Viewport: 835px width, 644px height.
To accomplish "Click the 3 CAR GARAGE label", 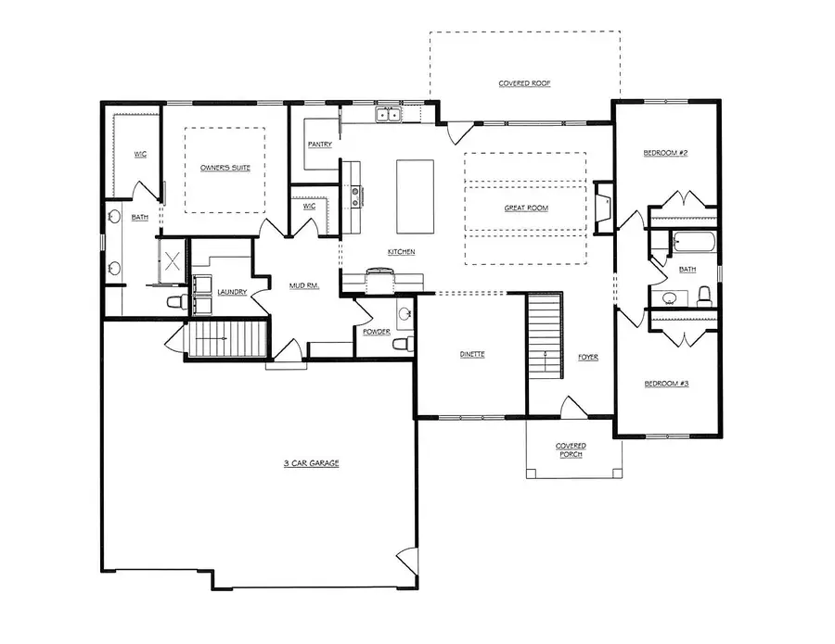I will tap(311, 462).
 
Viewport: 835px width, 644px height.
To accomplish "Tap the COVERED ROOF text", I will tap(524, 83).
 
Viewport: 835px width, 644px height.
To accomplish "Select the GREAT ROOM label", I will tap(526, 208).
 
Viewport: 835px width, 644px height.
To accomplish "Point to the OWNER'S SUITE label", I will tap(226, 168).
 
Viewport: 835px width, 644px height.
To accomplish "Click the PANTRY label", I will tap(320, 145).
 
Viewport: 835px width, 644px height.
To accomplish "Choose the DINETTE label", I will tap(472, 355).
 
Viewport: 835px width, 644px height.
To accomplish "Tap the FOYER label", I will tap(588, 357).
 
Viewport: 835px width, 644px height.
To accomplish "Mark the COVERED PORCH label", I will tap(571, 449).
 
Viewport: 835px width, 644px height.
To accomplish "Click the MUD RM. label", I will tap(303, 286).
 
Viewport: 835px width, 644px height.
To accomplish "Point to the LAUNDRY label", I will tap(232, 293).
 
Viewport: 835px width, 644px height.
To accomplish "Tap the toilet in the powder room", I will tap(401, 345).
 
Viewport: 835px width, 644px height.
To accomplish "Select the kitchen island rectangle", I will tap(415, 196).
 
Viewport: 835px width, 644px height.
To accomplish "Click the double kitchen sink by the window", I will tap(388, 115).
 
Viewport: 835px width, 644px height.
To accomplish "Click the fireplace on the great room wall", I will tap(603, 206).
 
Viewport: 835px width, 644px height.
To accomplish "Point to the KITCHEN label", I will tap(401, 252).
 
